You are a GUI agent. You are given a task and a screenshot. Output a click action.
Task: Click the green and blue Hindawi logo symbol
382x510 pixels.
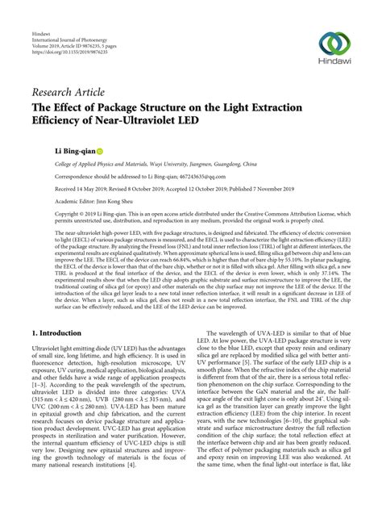[334, 42]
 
